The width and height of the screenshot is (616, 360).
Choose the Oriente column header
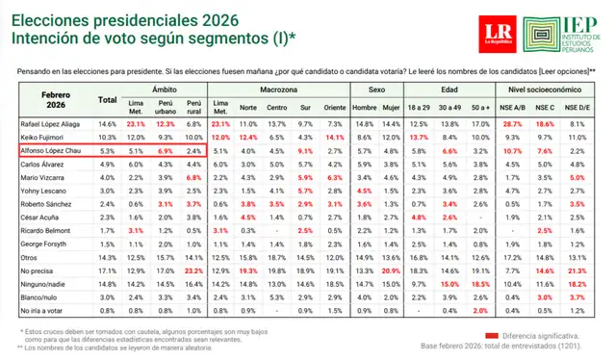coord(335,106)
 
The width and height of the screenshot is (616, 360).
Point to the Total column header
coord(108,99)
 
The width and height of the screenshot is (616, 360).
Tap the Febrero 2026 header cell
coord(56,99)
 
